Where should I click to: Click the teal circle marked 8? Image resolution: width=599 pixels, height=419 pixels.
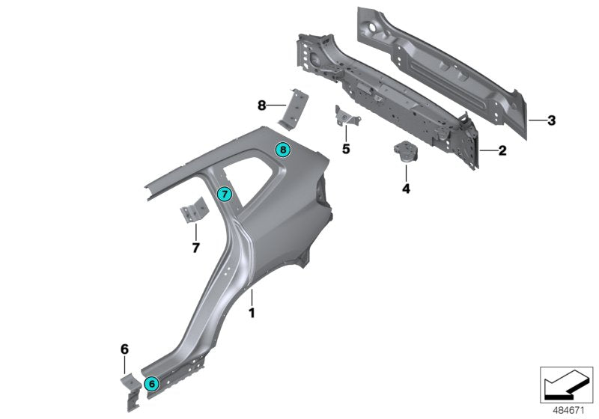[283, 150]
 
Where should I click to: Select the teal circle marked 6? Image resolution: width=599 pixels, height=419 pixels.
[151, 383]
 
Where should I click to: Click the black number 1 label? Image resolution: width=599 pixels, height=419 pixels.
[252, 314]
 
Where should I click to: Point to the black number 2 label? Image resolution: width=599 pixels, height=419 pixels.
[502, 150]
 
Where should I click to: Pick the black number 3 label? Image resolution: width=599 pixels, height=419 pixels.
[550, 120]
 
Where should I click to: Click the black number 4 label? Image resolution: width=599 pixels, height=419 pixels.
[406, 189]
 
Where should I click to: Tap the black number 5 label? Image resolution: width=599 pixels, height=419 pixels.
[346, 149]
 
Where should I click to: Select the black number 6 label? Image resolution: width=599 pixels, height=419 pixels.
[124, 349]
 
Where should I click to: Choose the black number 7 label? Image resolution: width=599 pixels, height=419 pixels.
[195, 247]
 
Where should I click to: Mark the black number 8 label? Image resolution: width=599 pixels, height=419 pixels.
[262, 105]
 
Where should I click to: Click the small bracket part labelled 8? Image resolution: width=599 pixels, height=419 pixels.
[294, 109]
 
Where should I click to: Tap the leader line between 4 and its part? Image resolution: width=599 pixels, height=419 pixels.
[406, 171]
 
